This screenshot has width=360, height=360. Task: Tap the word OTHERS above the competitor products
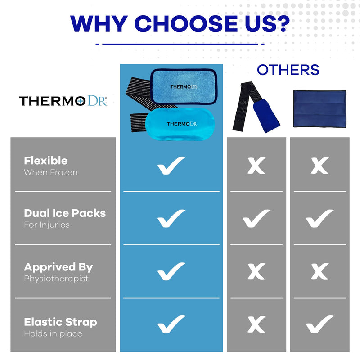pyautogui.click(x=288, y=70)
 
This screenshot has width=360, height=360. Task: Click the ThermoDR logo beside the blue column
pyautogui.click(x=63, y=100)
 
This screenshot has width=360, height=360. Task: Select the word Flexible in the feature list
pyautogui.click(x=46, y=161)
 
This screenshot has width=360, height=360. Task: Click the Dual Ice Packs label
pyautogui.click(x=65, y=213)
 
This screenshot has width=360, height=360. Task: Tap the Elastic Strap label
pyautogui.click(x=60, y=322)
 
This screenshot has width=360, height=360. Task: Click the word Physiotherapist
pyautogui.click(x=56, y=279)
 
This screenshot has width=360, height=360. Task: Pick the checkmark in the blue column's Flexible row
pyautogui.click(x=171, y=166)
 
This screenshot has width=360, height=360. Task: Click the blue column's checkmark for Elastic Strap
pyautogui.click(x=171, y=324)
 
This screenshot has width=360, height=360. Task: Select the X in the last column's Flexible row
pyautogui.click(x=320, y=166)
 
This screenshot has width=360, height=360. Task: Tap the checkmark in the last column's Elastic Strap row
pyautogui.click(x=319, y=324)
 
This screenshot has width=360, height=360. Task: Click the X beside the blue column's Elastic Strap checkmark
pyautogui.click(x=256, y=324)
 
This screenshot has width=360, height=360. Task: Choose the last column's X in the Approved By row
pyautogui.click(x=320, y=271)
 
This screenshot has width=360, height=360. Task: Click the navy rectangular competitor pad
pyautogui.click(x=319, y=109)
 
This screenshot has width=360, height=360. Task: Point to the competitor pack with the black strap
pyautogui.click(x=256, y=107)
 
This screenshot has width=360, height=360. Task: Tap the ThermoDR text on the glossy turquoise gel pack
pyautogui.click(x=182, y=124)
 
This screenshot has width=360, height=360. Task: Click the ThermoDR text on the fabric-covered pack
pyautogui.click(x=184, y=87)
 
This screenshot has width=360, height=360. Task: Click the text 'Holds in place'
pyautogui.click(x=53, y=333)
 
